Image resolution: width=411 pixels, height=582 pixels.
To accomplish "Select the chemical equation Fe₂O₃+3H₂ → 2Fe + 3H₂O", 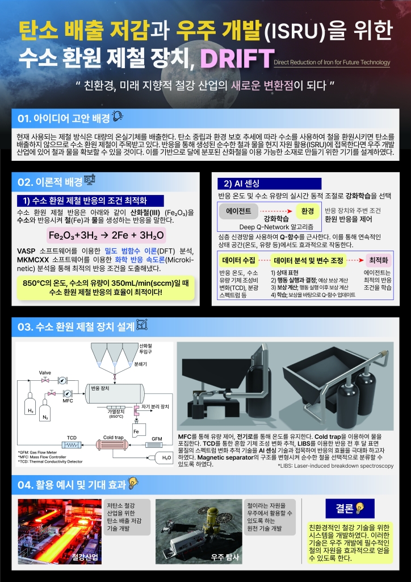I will (106, 235).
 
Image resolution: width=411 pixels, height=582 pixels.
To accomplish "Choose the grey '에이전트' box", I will (238, 210).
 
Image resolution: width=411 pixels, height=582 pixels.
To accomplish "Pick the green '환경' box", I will (308, 210).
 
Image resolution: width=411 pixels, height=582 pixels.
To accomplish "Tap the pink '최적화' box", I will (379, 260).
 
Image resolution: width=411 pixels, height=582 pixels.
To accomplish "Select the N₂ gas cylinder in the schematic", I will (47, 410).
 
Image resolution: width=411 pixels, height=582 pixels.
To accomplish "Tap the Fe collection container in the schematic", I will (136, 427).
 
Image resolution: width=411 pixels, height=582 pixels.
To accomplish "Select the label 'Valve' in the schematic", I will (45, 372).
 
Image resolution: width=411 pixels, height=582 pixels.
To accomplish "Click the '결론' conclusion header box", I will (345, 508).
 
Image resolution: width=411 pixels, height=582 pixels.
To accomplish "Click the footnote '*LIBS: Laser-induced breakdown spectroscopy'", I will (335, 465).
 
